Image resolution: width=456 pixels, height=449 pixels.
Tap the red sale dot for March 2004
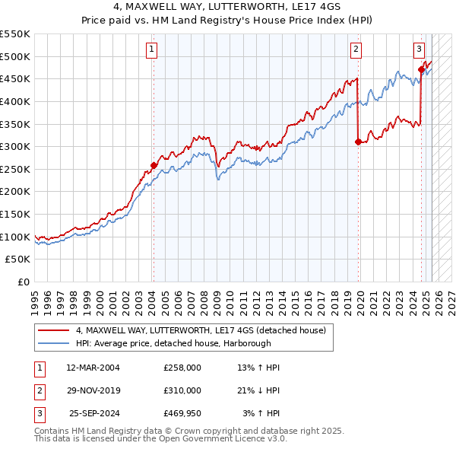154,165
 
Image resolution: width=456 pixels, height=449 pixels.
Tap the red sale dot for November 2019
358,142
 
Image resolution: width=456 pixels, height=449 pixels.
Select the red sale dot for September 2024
421,70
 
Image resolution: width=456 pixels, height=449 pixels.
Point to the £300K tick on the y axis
16,146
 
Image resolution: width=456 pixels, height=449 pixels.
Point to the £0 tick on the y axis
24,282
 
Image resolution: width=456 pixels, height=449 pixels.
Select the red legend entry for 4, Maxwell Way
201,330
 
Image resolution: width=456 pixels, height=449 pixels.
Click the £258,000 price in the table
182,368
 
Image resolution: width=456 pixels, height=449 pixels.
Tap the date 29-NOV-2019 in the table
93,390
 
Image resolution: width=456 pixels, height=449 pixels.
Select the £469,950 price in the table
182,413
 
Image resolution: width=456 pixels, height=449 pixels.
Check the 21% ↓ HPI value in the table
258,390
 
